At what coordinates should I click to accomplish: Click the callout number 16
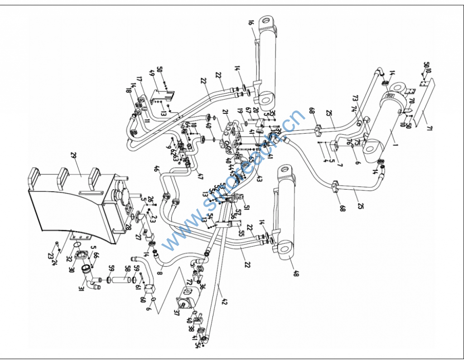[251, 23]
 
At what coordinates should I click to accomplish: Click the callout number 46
[157, 170]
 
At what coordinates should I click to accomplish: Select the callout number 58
[127, 270]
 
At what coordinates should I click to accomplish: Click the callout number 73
[355, 98]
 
